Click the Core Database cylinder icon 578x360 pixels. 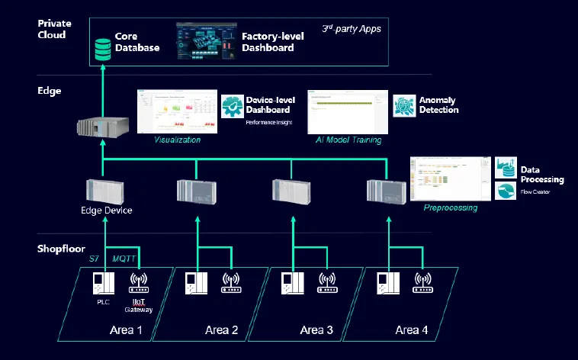(x=101, y=50)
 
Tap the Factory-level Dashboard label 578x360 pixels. (x=268, y=42)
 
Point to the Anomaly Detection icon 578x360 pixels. (x=403, y=105)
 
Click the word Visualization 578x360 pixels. (x=178, y=140)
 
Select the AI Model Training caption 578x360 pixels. (x=348, y=140)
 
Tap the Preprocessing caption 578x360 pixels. (x=451, y=207)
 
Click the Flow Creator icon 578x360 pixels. (x=506, y=191)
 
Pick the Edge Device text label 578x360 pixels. (x=107, y=210)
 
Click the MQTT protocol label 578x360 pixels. (x=124, y=259)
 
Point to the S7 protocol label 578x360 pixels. (x=94, y=259)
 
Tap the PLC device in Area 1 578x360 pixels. (x=101, y=284)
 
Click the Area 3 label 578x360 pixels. (x=316, y=329)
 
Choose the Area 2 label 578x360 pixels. (x=222, y=329)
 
